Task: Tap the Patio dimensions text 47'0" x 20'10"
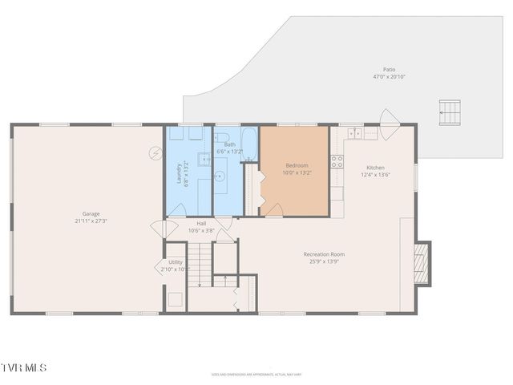[389, 77]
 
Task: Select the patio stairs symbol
[450, 111]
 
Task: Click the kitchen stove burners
[337, 161]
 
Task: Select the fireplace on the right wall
[422, 263]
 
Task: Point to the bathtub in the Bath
[249, 144]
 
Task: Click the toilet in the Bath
[222, 137]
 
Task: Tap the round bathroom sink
[220, 175]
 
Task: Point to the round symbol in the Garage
[156, 152]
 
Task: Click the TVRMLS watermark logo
[24, 367]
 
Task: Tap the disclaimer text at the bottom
[256, 374]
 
